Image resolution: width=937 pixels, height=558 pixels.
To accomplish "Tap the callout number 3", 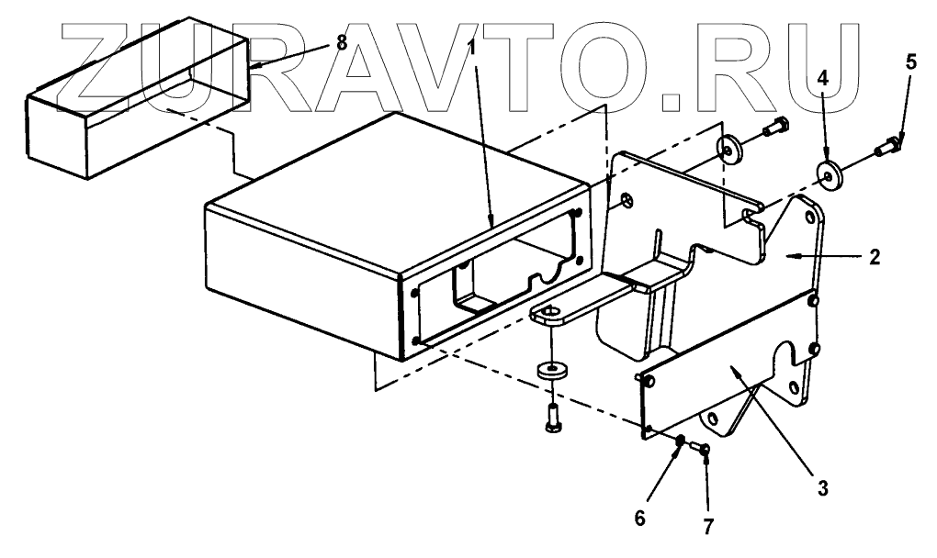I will pyautogui.click(x=823, y=487).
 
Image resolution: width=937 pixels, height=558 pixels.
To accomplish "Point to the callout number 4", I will pyautogui.click(x=824, y=79).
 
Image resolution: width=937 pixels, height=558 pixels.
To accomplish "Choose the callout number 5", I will pyautogui.click(x=910, y=62).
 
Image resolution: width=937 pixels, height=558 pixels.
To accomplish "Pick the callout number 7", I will pyautogui.click(x=708, y=526).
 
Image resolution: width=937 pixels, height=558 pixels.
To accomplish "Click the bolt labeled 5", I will pyautogui.click(x=889, y=146).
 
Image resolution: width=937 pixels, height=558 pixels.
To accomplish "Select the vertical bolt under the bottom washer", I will pyautogui.click(x=551, y=420).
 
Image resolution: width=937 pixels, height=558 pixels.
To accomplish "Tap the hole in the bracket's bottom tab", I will pyautogui.click(x=550, y=317).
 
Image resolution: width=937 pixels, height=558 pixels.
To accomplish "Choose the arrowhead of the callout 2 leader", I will pyautogui.click(x=796, y=251).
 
